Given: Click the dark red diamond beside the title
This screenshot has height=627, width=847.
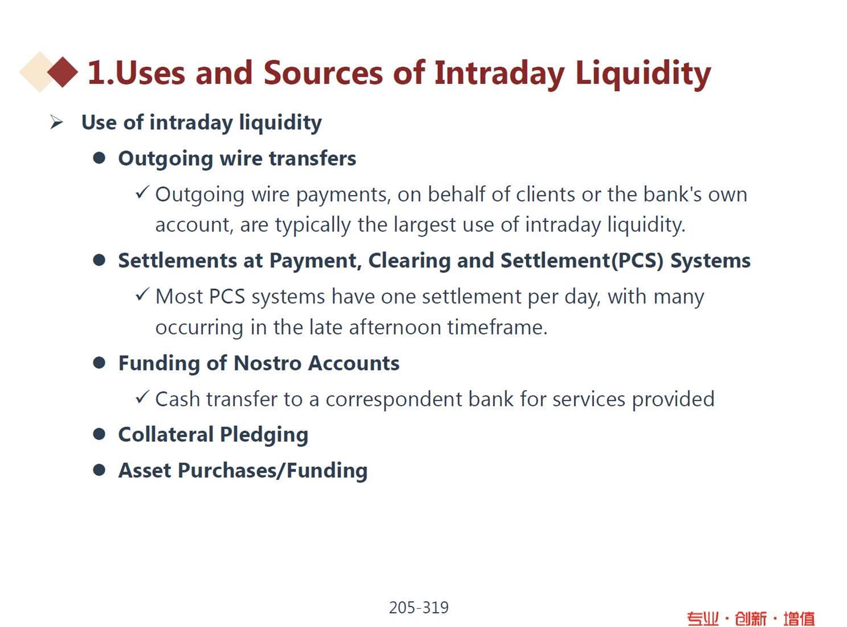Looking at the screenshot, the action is pos(63,72).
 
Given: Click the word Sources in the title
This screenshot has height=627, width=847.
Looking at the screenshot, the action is pos(323,72).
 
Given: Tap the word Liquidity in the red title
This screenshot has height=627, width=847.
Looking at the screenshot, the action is pos(643,74).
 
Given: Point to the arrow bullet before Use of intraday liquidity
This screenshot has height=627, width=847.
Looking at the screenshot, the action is pos(56,123).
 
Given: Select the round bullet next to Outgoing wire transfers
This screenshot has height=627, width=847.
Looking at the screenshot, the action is pos(99,158).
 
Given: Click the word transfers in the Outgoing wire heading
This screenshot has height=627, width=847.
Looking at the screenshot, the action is pos(312,158).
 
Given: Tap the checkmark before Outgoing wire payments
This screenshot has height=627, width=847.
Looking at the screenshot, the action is pos(142,192).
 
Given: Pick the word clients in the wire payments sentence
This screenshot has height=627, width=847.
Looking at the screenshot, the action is pos(546,194).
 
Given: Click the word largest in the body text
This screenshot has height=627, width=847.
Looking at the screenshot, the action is pos(425,225).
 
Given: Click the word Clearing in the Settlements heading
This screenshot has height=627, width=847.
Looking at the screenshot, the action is pos(410,260).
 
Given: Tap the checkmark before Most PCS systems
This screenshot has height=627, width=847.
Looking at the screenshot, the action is pos(142,294).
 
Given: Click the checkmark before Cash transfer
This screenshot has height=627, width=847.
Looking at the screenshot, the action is pos(142,397).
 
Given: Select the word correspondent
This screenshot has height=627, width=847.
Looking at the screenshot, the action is pos(394,400).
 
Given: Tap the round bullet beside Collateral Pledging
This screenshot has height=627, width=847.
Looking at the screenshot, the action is pos(99,434).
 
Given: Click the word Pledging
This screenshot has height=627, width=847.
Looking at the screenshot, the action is pos(264,435).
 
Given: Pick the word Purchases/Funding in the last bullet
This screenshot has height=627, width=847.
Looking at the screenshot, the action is pos(273,470).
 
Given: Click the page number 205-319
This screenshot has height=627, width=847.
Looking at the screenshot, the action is pos(419,607).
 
